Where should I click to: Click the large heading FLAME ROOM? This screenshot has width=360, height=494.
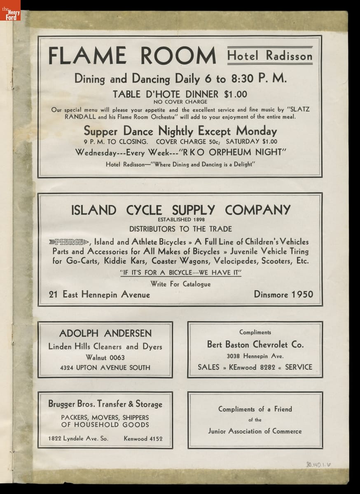pos(132,56)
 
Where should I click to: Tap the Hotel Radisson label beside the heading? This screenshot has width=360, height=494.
pos(270,56)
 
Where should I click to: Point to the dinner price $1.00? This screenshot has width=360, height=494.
pos(236,94)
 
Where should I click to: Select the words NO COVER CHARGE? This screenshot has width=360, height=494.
pos(180,102)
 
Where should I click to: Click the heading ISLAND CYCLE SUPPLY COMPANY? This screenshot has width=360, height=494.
pos(180,210)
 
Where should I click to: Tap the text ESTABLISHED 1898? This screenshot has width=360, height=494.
pos(180,219)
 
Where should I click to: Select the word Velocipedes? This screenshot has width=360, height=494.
pos(235,261)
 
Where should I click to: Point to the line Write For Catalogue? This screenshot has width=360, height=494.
pos(180,284)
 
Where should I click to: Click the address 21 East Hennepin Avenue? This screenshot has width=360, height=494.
pos(99,294)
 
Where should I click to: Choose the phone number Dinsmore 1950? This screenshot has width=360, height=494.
pos(283,294)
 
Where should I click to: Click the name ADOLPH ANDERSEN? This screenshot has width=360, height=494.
pos(105,333)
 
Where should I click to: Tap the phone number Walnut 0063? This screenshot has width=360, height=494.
pos(105,357)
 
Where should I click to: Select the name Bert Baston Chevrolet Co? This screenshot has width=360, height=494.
pos(255,345)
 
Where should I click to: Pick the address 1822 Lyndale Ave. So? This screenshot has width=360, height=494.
pos(78,438)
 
